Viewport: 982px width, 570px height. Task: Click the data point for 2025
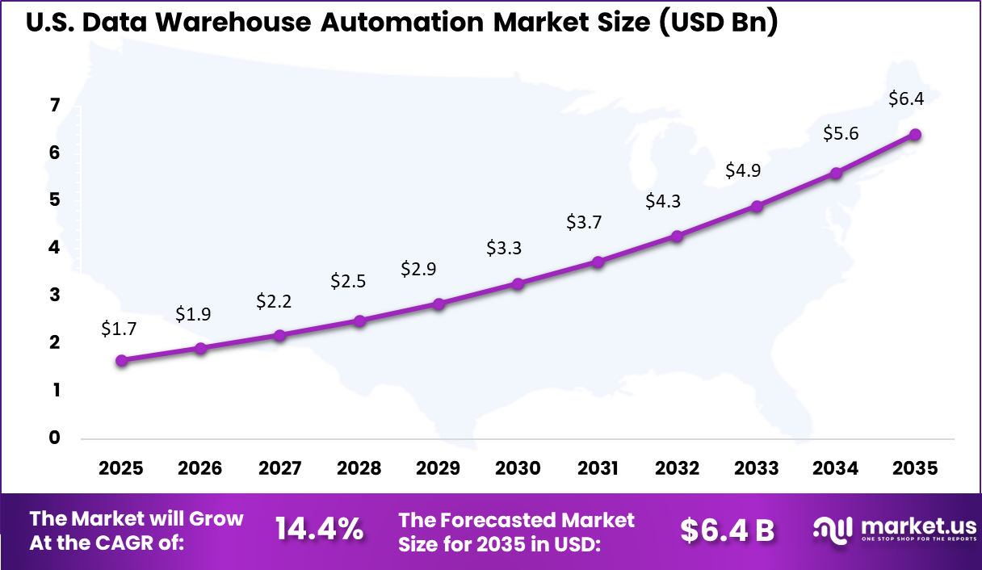click(121, 361)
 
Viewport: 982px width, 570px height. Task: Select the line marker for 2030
click(518, 284)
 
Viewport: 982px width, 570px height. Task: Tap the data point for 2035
click(915, 135)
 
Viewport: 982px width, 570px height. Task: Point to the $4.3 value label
click(663, 202)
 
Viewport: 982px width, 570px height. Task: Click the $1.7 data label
click(119, 329)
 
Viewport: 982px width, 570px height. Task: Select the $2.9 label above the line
click(418, 270)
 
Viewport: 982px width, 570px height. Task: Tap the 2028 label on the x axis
click(359, 469)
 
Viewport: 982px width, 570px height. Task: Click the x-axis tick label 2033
click(756, 469)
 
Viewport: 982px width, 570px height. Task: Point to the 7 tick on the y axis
click(55, 106)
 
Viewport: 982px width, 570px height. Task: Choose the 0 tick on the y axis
click(55, 438)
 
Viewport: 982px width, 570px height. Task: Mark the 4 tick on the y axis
click(55, 249)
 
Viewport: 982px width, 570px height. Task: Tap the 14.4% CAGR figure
click(319, 530)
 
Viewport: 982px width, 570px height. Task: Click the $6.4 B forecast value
click(727, 530)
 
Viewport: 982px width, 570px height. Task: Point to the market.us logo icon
click(833, 530)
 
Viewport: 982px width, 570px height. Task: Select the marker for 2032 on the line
click(677, 237)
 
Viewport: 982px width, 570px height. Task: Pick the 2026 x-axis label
click(199, 469)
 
